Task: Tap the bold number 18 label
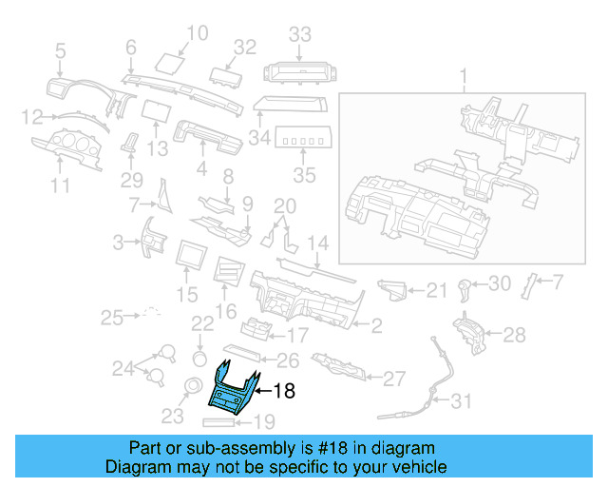(284, 389)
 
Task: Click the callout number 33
(300, 35)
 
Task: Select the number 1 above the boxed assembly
(465, 75)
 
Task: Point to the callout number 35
(303, 175)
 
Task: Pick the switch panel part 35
(303, 141)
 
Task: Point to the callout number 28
(513, 335)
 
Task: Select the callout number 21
(436, 290)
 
